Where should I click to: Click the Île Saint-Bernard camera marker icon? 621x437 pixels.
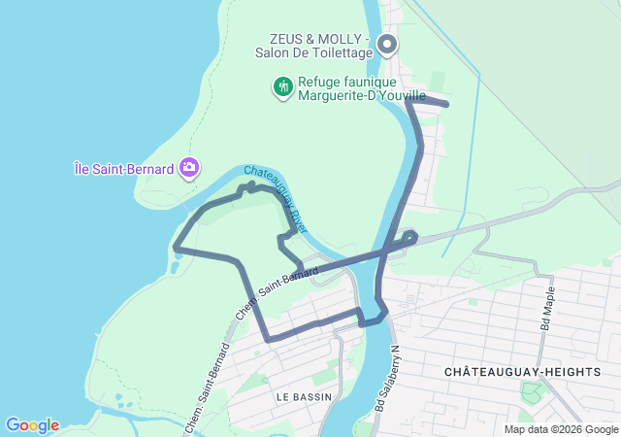click(x=189, y=168)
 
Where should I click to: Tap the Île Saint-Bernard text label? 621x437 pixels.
click(x=124, y=168)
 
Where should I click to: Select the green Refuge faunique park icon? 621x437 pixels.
click(x=282, y=86)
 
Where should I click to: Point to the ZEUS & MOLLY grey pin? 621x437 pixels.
click(x=387, y=44)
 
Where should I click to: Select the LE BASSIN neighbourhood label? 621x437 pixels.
click(x=304, y=396)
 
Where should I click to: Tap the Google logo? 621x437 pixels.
click(x=32, y=425)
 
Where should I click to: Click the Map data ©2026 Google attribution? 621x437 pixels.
click(x=560, y=429)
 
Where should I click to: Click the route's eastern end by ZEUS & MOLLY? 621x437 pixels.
click(x=446, y=103)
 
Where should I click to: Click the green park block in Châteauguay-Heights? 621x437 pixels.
click(x=532, y=393)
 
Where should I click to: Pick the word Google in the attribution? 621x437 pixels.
click(x=599, y=429)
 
